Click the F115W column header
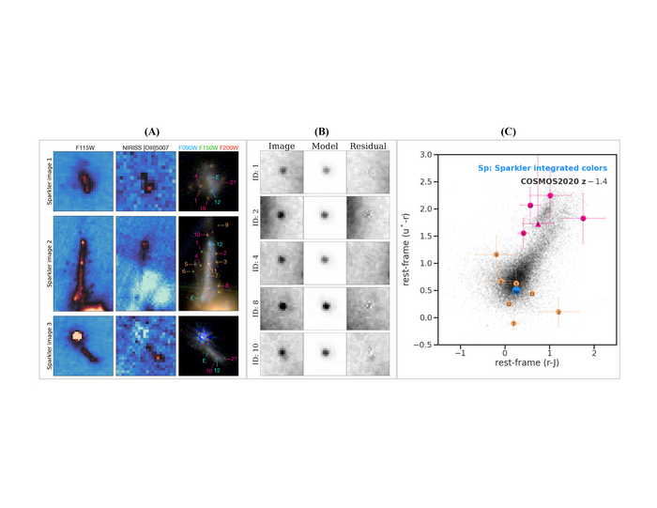84,146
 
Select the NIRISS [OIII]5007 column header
145,146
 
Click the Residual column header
367,146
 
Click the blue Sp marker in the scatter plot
516,289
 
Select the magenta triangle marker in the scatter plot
538,224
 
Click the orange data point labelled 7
513,323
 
